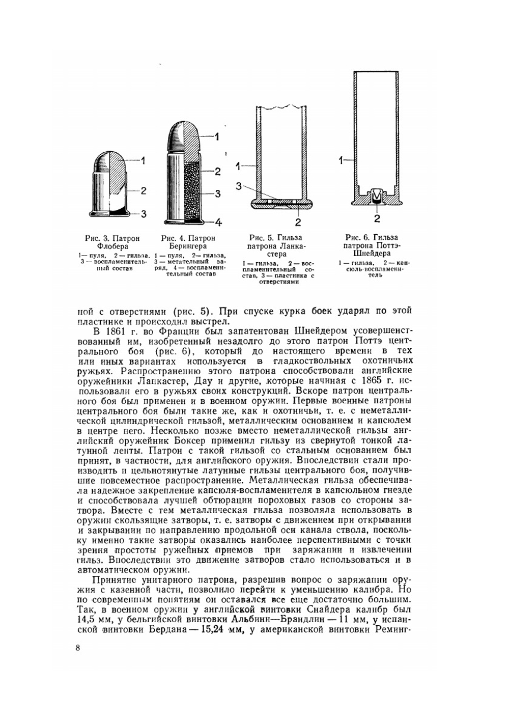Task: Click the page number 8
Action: point(77,648)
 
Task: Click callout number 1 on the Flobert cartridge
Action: point(144,161)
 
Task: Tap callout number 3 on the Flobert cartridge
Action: point(144,214)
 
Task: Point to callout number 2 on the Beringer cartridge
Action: point(217,172)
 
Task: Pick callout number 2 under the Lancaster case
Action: point(298,222)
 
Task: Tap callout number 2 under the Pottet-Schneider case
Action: point(377,218)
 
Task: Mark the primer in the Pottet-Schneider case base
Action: point(377,196)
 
